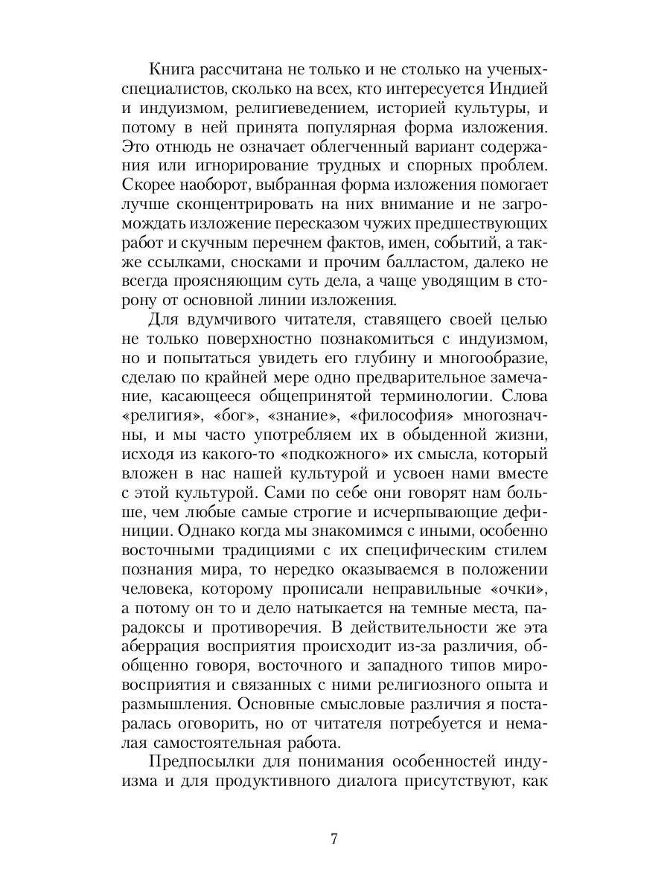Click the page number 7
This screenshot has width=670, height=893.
point(334,839)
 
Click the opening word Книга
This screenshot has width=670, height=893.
point(175,70)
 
